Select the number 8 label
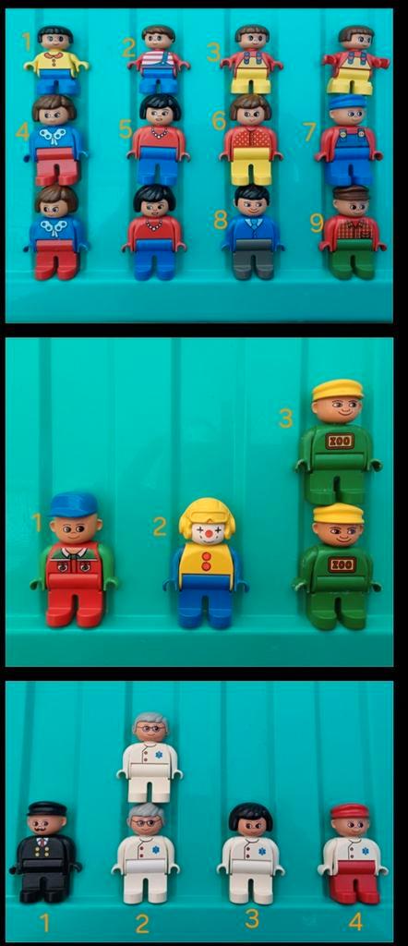pos(220,220)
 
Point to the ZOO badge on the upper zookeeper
pos(338,442)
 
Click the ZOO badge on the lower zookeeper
pos(342,564)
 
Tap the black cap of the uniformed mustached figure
pos(46,809)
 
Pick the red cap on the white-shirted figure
pos(350,811)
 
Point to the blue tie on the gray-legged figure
pos(253,224)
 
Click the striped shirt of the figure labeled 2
pos(159,62)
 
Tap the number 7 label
pos(310,131)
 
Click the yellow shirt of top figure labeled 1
pos(56,62)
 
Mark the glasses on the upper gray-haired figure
pos(150,729)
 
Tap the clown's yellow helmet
pos(207,515)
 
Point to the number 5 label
pos(126,128)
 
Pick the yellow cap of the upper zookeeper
pos(338,390)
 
